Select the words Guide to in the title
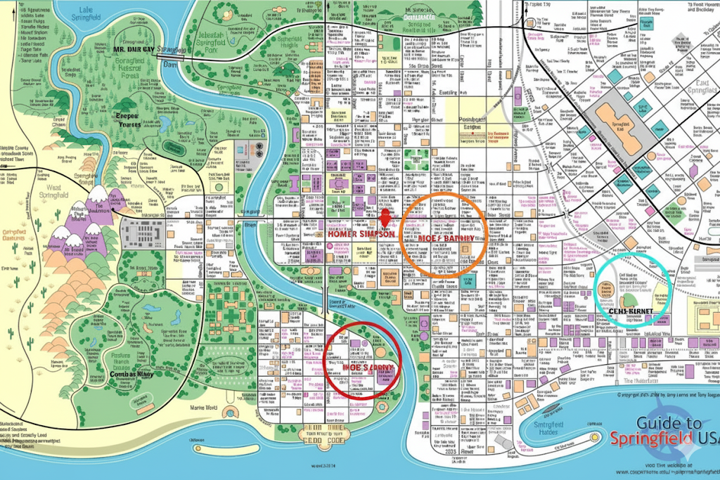(x=669, y=424)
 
